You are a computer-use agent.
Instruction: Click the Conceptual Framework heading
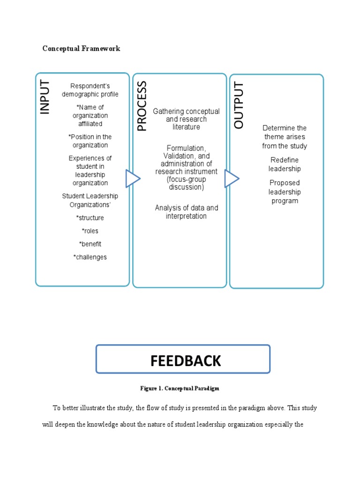(x=81, y=48)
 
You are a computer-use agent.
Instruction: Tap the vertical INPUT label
(x=45, y=97)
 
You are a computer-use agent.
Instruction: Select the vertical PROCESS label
(x=142, y=106)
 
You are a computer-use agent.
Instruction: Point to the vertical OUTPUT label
(x=239, y=105)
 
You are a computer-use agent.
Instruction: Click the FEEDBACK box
(x=183, y=359)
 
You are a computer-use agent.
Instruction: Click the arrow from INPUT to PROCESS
(x=132, y=179)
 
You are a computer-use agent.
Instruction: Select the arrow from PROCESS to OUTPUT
(x=231, y=179)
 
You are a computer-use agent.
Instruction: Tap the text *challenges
(x=90, y=257)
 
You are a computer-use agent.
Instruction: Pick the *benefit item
(x=90, y=244)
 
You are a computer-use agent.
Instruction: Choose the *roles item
(x=90, y=231)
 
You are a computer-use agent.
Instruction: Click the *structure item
(x=90, y=217)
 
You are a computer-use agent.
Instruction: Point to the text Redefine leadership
(x=285, y=164)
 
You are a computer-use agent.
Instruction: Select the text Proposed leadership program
(x=285, y=192)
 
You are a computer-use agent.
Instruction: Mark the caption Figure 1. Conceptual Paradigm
(x=180, y=388)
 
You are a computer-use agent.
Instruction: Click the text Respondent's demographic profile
(x=90, y=90)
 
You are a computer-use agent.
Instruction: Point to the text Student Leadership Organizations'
(x=90, y=200)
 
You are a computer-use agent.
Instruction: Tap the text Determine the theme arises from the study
(x=285, y=137)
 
